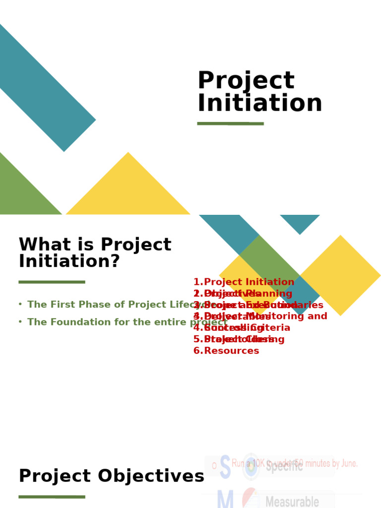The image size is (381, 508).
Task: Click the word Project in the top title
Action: pyautogui.click(x=246, y=81)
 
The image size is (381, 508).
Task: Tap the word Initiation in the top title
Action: pyautogui.click(x=259, y=104)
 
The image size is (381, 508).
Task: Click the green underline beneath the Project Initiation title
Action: pyautogui.click(x=230, y=124)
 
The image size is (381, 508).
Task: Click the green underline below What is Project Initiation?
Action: pyautogui.click(x=52, y=282)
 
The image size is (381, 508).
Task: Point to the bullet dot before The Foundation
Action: pyautogui.click(x=20, y=322)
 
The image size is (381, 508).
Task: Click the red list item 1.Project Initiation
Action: pyautogui.click(x=244, y=282)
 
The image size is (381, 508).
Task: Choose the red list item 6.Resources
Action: pyautogui.click(x=226, y=351)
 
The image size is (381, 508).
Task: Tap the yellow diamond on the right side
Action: pyautogui.click(x=340, y=275)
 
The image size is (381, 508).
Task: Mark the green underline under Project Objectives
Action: pyautogui.click(x=52, y=497)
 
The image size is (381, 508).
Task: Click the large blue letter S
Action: pyautogui.click(x=225, y=467)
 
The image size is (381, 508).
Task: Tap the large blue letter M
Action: pyautogui.click(x=225, y=500)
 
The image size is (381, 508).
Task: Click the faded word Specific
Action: pyautogui.click(x=284, y=466)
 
